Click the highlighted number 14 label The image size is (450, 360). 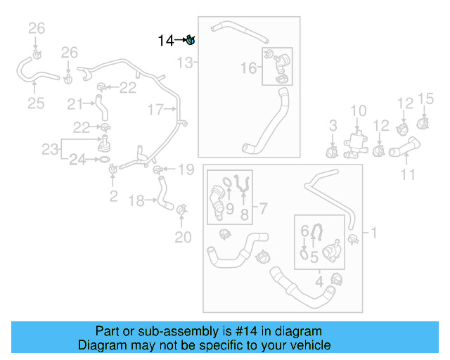pos(165,41)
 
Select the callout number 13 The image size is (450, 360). pos(184,63)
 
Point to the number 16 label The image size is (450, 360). pos(249,68)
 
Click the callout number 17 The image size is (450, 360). pos(155,109)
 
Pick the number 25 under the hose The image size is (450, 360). pos(36,104)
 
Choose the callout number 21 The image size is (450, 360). pos(75,104)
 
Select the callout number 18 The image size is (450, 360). pos(137,201)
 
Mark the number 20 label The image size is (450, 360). pos(183,238)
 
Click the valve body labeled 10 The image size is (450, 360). pos(358,143)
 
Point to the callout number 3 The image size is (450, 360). pos(333,126)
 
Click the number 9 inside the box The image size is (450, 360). pos(229,208)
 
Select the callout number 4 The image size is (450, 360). pos(319,283)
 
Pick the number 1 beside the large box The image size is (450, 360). pos(373,231)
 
